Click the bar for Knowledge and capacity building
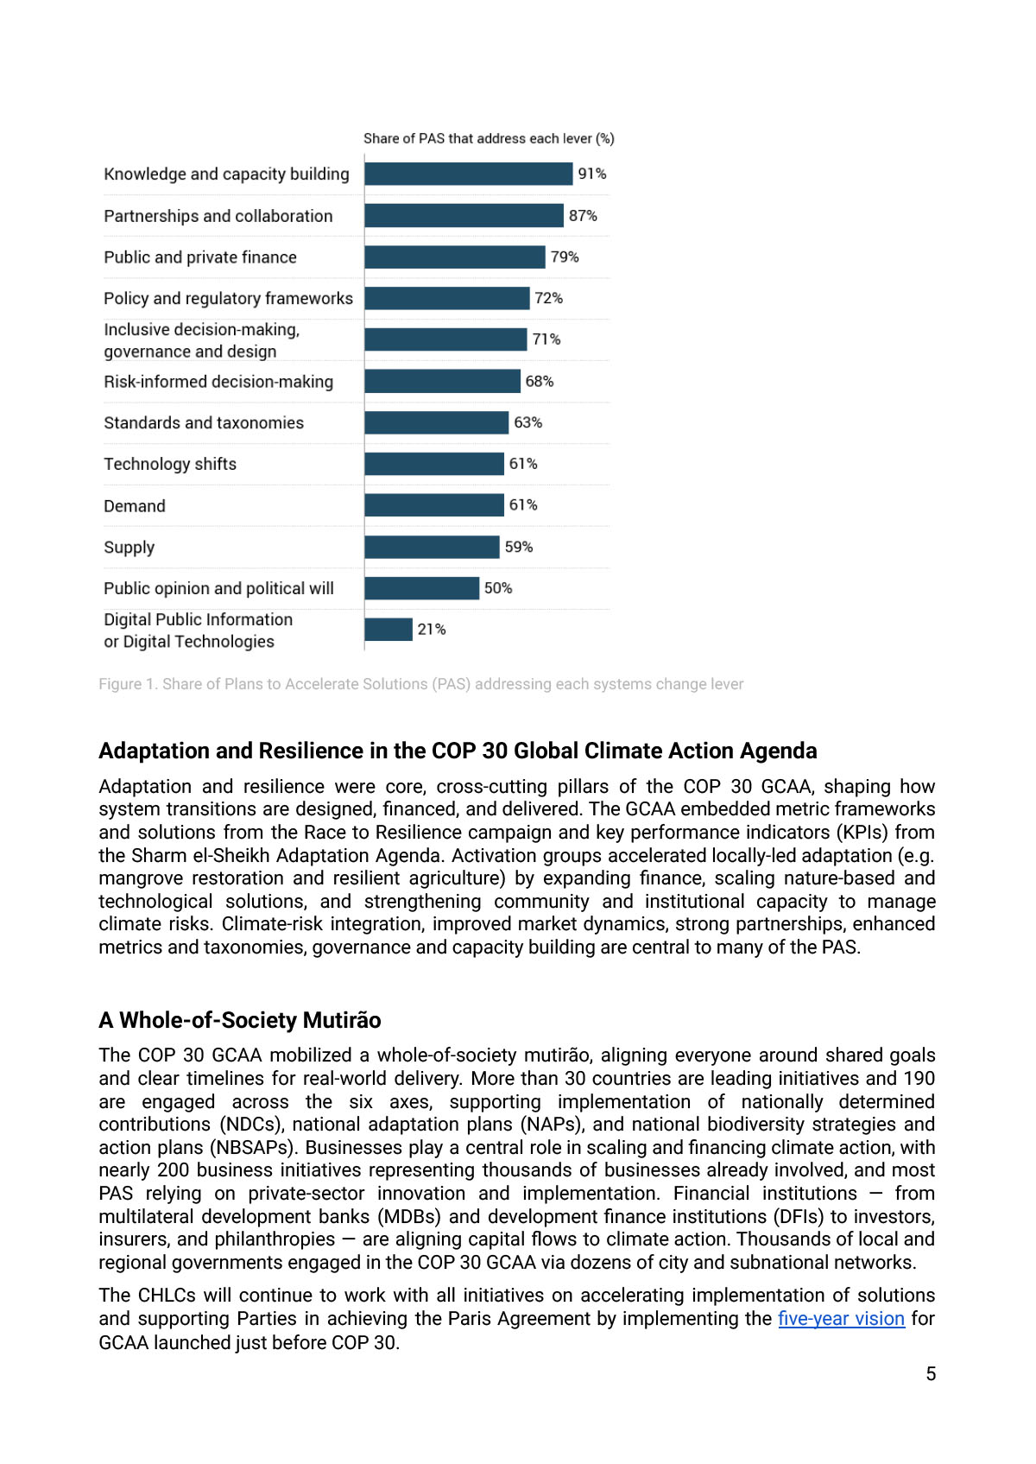468,174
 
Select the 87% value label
583,215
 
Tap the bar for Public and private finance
455,257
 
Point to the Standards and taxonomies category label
204,422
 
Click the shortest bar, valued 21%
388,630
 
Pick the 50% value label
498,588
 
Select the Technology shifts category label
170,464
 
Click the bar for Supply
432,547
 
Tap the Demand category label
135,506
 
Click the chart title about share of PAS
489,138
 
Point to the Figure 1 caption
420,684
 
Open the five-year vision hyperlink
841,1319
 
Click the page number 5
931,1373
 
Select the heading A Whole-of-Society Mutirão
239,1020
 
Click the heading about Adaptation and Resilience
458,751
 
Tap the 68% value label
540,381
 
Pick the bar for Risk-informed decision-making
442,381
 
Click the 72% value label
548,298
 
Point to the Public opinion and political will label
218,588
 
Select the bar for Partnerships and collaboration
464,215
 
